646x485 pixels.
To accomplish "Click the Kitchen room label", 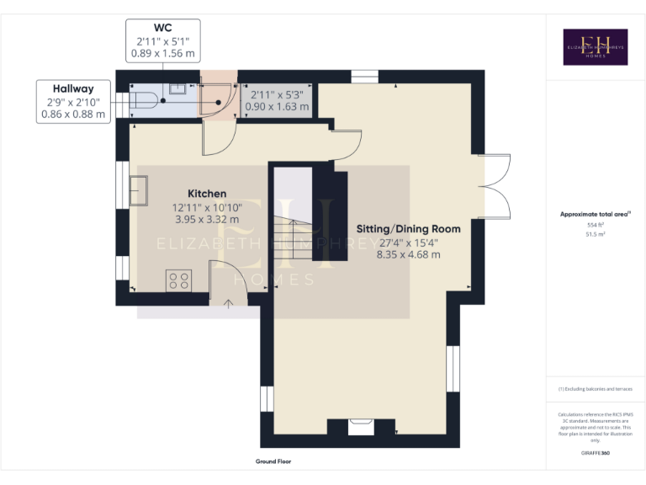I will (x=207, y=194).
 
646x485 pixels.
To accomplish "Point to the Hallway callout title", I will (x=73, y=88).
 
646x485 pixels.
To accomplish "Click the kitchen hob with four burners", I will (x=178, y=280).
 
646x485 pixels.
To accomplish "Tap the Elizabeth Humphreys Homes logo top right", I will (x=595, y=47).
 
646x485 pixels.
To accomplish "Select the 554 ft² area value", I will (x=596, y=226).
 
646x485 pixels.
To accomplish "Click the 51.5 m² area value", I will (x=596, y=235).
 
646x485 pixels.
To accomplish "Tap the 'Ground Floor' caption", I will (x=273, y=461).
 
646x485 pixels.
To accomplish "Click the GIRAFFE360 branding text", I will (x=596, y=454).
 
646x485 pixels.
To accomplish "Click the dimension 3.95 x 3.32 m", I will (x=207, y=219).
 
